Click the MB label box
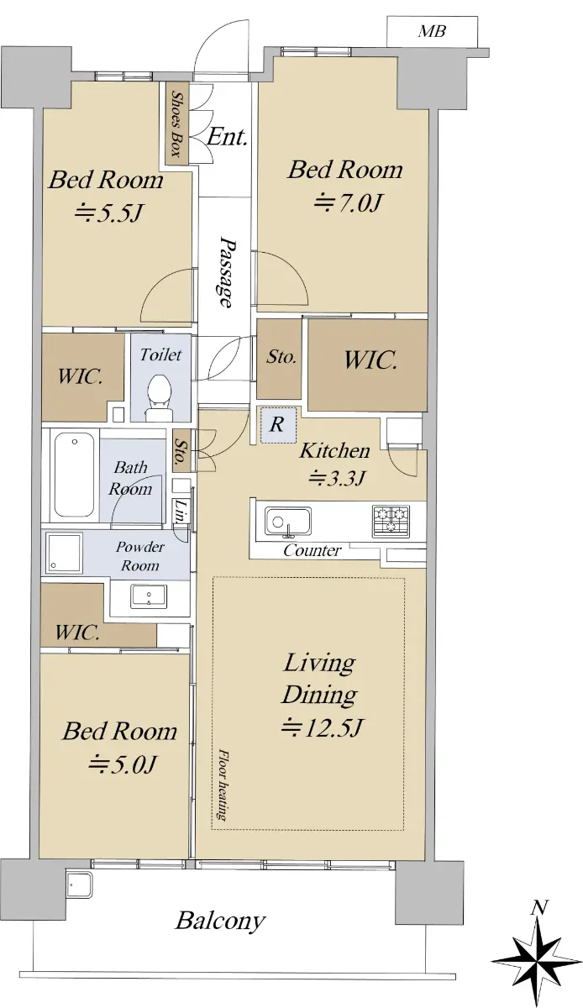(432, 31)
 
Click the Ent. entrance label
(228, 137)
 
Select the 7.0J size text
(348, 202)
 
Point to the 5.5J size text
(108, 213)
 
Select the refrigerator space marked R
(279, 425)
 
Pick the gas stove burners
(391, 521)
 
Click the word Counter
(312, 550)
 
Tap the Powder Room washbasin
(149, 596)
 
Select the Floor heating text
(223, 784)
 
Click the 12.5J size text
(322, 727)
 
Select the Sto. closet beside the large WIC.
(279, 359)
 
